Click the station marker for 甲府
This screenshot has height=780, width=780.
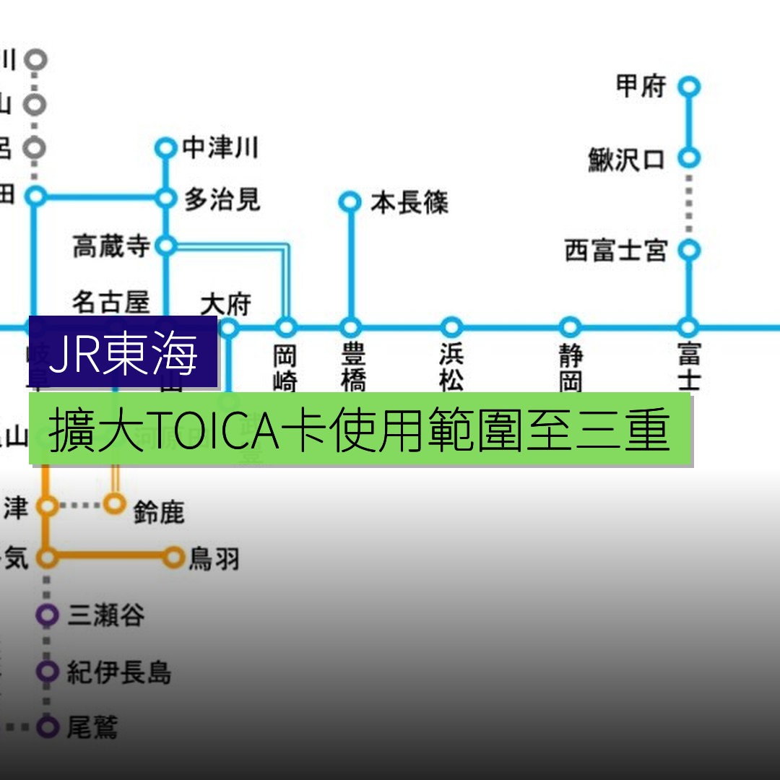tap(689, 87)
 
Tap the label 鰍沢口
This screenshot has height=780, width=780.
tap(626, 159)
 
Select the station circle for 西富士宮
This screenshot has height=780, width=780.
tap(689, 250)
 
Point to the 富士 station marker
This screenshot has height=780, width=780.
tap(689, 327)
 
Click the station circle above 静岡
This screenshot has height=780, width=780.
tap(571, 327)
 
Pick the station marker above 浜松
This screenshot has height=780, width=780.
tap(451, 327)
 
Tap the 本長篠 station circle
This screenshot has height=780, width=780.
tap(350, 202)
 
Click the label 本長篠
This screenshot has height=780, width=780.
tap(409, 203)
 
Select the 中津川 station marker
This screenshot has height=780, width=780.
tap(166, 149)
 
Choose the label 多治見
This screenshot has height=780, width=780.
tap(222, 199)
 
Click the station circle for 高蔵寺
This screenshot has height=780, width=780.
tap(166, 246)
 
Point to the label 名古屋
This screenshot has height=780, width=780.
tap(110, 302)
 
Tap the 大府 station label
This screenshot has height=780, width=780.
tap(225, 304)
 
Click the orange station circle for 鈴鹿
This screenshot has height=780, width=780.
tap(115, 503)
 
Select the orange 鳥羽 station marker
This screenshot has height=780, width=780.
tap(174, 557)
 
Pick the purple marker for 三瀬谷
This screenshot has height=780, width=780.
tap(48, 615)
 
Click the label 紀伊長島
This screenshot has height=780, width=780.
tap(119, 672)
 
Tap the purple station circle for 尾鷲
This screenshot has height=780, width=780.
tap(48, 727)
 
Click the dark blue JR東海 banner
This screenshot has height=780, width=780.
tap(123, 353)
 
